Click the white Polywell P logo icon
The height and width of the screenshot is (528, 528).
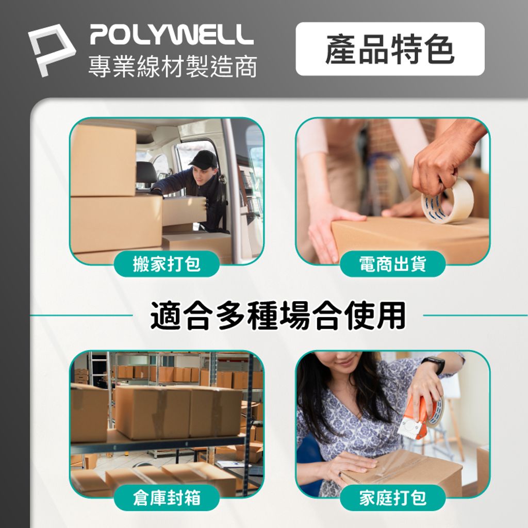51,49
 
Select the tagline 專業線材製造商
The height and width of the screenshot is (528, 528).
172,67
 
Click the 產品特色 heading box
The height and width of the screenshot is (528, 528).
390,49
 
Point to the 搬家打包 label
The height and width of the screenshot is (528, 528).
167,264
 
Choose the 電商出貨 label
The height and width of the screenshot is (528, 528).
392,264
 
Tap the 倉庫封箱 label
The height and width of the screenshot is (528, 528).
167,498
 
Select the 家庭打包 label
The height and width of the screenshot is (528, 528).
392,498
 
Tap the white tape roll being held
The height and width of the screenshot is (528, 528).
447,202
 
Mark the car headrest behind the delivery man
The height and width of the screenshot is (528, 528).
146,173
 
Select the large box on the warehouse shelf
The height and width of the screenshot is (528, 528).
178,412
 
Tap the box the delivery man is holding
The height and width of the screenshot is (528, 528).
184,210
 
